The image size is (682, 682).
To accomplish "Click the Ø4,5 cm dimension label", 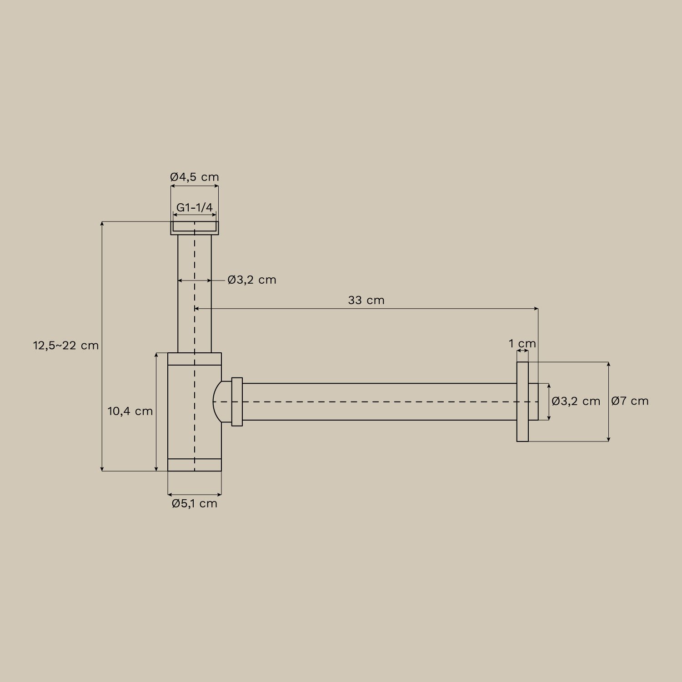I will pyautogui.click(x=195, y=177).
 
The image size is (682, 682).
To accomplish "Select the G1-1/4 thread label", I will pyautogui.click(x=195, y=207).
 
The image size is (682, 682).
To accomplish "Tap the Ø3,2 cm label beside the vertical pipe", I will pyautogui.click(x=252, y=280).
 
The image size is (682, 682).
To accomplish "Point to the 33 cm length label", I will pyautogui.click(x=366, y=300).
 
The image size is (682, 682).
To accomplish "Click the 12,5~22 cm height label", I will pyautogui.click(x=66, y=346).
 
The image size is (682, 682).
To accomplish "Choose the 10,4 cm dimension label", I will pyautogui.click(x=130, y=411).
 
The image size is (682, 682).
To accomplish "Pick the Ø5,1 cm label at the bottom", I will pyautogui.click(x=195, y=503).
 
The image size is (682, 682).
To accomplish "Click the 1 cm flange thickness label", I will pyautogui.click(x=522, y=343).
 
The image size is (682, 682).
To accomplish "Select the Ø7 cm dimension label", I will pyautogui.click(x=630, y=401).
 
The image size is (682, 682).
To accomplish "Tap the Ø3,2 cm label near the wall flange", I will pyautogui.click(x=576, y=401).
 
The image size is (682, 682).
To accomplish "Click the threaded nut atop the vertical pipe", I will pyautogui.click(x=195, y=228).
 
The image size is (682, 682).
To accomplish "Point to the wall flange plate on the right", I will pyautogui.click(x=522, y=401).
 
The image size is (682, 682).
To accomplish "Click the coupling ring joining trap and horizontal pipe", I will pyautogui.click(x=237, y=401).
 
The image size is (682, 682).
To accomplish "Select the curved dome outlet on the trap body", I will pyautogui.click(x=221, y=401).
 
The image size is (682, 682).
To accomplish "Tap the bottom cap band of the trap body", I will pyautogui.click(x=195, y=465).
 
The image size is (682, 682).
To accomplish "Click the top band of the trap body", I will pyautogui.click(x=195, y=359).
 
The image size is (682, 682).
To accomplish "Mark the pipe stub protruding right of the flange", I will pyautogui.click(x=533, y=401).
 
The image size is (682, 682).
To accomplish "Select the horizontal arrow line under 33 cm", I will pyautogui.click(x=366, y=309).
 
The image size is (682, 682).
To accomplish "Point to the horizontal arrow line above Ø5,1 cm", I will pyautogui.click(x=195, y=494).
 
